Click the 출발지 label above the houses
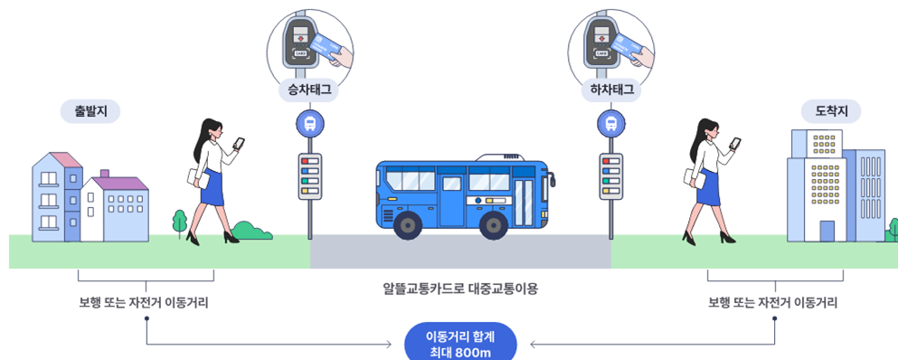[90, 111]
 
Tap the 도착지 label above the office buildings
[830, 110]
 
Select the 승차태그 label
[310, 90]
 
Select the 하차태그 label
[611, 90]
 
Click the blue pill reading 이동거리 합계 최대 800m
[461, 343]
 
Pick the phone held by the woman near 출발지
[239, 143]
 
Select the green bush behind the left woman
[251, 231]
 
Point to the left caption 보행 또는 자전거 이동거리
[144, 303]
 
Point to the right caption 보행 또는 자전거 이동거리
[773, 303]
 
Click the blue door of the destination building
[827, 231]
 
